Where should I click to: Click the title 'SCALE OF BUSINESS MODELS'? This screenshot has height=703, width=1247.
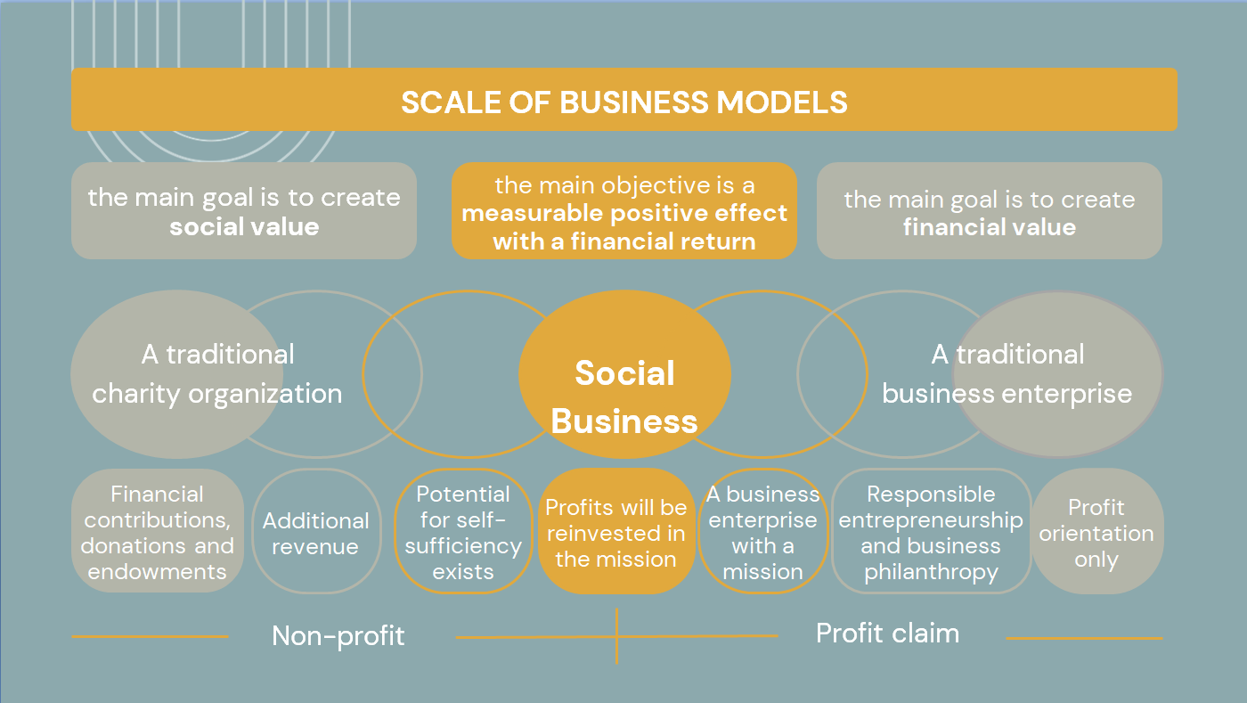click(623, 102)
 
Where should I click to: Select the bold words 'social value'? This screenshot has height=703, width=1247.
click(244, 226)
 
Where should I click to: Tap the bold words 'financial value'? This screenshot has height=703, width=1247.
click(989, 227)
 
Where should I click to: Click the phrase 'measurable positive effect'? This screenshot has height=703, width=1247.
click(624, 214)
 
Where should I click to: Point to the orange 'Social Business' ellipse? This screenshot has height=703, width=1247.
click(624, 396)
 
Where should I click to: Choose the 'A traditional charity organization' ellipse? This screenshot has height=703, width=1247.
click(165, 374)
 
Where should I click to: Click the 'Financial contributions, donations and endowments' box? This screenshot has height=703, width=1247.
click(157, 532)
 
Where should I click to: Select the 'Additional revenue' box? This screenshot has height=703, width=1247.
click(315, 533)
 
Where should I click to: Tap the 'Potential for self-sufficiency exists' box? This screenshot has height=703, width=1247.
click(463, 532)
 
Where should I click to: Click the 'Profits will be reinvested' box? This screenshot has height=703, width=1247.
click(615, 533)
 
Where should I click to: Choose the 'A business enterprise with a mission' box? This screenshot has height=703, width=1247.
click(762, 533)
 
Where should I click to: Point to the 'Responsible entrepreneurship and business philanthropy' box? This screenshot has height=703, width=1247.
click(931, 533)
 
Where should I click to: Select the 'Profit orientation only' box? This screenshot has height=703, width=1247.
click(1096, 533)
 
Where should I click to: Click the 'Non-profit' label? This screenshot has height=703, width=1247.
click(338, 635)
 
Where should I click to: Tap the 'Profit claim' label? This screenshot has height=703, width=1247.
click(887, 634)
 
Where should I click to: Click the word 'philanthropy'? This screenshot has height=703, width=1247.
click(931, 572)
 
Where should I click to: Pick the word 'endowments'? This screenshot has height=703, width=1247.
click(157, 571)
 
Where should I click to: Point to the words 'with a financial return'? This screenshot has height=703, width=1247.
click(624, 241)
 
